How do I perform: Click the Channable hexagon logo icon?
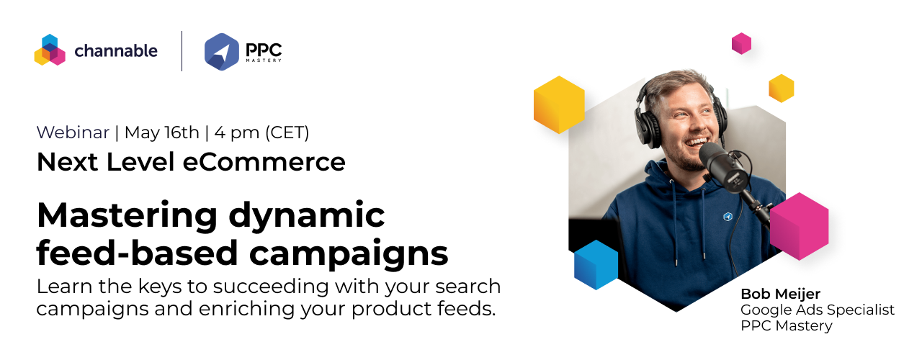click(50, 50)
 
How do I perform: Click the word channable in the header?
click(116, 51)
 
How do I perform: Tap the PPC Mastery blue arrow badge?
click(222, 51)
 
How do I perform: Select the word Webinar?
click(73, 132)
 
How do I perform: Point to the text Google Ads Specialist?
click(818, 310)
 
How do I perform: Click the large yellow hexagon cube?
click(558, 104)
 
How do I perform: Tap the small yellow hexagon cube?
click(781, 88)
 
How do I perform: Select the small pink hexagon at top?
click(741, 43)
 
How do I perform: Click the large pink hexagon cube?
click(799, 225)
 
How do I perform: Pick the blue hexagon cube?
click(596, 264)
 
